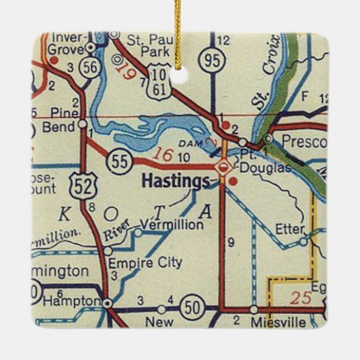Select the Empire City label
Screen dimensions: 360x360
pyautogui.click(x=145, y=262)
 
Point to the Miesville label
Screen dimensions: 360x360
pyautogui.click(x=278, y=323)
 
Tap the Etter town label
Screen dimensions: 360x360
pyautogui.click(x=290, y=229)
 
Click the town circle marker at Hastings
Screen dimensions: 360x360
pyautogui.click(x=223, y=166)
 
